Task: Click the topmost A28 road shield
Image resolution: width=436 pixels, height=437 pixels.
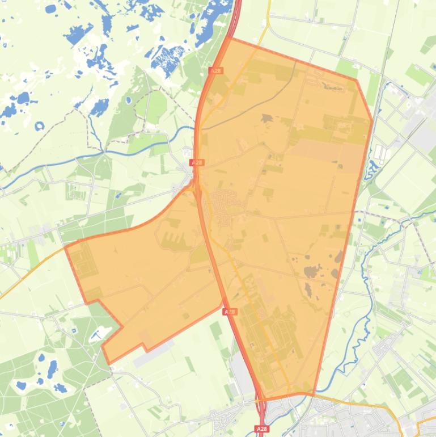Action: tap(215, 71)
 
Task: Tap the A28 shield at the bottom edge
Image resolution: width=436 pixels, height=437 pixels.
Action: tap(261, 429)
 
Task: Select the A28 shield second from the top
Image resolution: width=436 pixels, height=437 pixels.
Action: tap(197, 162)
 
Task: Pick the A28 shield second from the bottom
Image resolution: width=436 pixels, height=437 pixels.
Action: tap(229, 312)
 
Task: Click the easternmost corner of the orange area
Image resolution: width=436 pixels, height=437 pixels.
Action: tap(372, 120)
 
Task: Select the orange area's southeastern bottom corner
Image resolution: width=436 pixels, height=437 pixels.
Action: tap(314, 393)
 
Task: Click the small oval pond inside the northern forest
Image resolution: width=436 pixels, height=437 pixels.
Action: tap(128, 100)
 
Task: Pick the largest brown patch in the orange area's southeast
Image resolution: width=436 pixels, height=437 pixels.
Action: tap(311, 272)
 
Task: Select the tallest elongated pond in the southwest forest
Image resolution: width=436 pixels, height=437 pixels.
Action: tap(52, 369)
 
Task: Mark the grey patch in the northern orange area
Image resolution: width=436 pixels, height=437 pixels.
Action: tap(266, 119)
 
